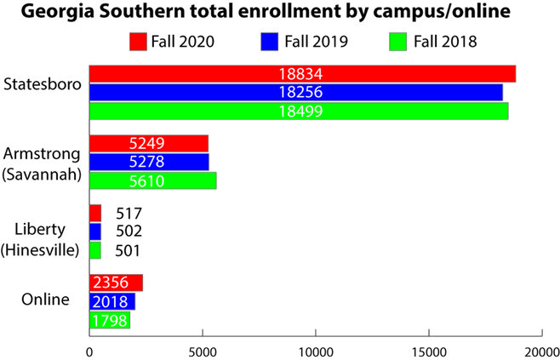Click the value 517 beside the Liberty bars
(129, 213)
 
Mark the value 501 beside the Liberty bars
(129, 250)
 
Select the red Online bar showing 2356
(116, 283)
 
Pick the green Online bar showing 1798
(110, 320)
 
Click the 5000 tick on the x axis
(203, 351)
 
